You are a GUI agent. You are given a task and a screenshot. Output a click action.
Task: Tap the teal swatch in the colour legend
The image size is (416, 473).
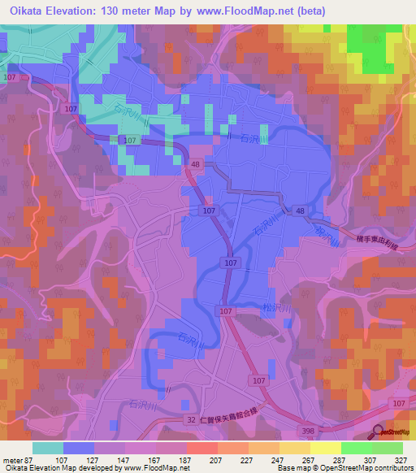point(48,448)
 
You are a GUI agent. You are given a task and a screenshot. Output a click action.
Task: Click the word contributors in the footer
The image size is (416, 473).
point(395,468)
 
